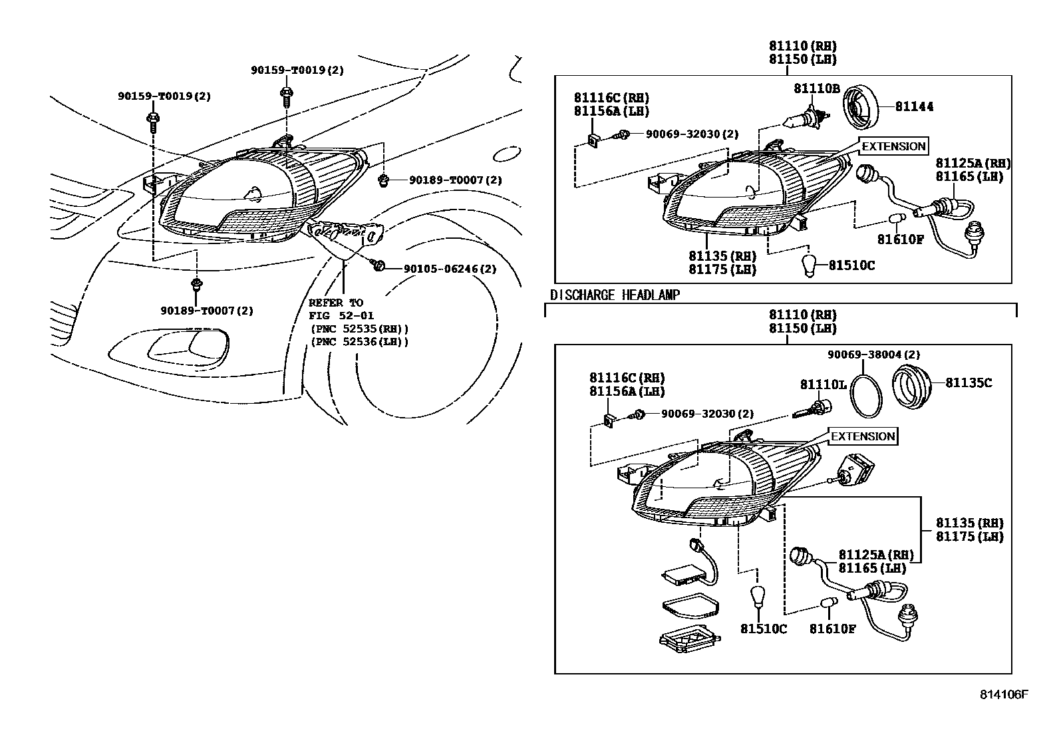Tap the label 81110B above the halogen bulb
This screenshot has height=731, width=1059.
point(816,88)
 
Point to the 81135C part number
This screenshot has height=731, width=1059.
point(969,383)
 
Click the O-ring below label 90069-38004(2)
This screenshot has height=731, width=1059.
point(867,396)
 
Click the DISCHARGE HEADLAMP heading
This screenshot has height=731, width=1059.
point(615,295)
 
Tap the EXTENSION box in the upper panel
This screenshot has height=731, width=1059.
point(893,146)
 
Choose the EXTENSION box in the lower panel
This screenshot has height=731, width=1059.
point(863,436)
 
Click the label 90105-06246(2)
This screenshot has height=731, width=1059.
point(450,269)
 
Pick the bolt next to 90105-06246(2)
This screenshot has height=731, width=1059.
point(378,266)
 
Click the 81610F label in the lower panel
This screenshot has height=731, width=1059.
point(832,629)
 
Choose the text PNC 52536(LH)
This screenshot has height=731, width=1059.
point(359,342)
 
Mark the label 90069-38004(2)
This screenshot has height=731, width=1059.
point(874,355)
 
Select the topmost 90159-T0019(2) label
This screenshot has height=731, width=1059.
point(297,70)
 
